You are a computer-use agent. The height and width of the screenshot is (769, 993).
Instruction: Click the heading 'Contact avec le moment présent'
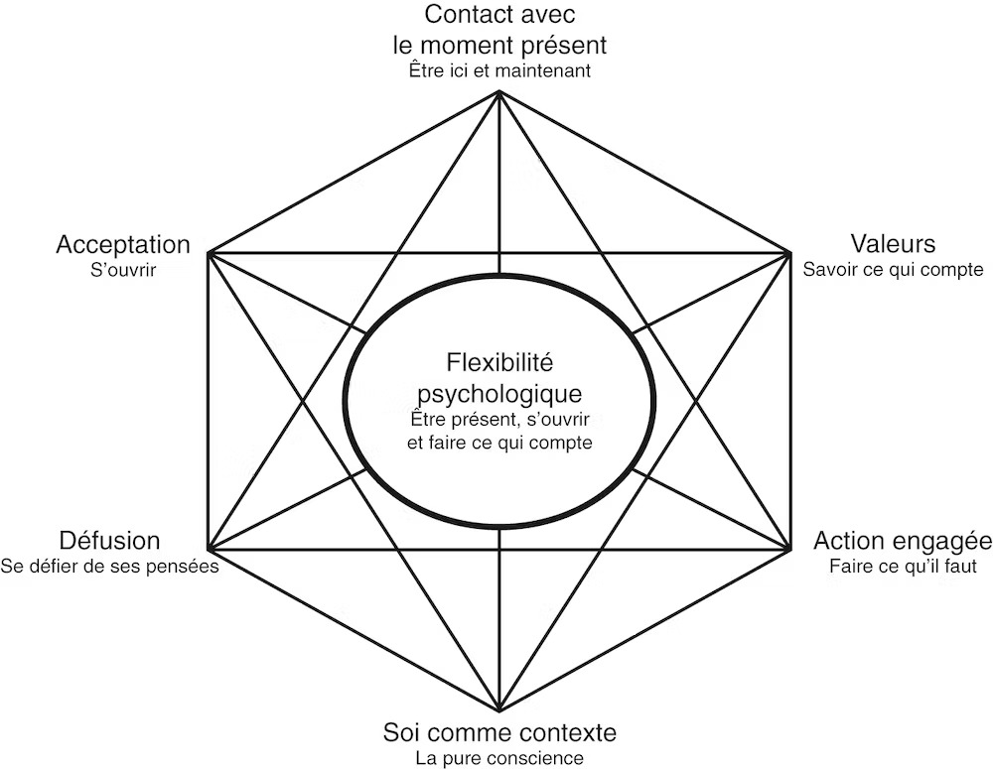(x=499, y=30)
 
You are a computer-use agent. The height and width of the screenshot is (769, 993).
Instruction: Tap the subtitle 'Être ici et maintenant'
(x=499, y=71)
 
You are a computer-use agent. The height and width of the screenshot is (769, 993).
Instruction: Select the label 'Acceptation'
(x=122, y=244)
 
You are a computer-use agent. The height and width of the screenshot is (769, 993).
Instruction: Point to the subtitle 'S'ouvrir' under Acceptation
(x=123, y=270)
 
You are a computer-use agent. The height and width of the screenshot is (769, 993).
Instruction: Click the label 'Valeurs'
(x=894, y=244)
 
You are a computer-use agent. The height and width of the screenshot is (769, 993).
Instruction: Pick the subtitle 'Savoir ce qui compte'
(x=894, y=270)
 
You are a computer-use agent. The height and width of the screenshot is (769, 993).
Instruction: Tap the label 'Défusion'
(x=108, y=542)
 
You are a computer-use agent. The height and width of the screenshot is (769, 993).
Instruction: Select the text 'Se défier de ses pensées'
(x=109, y=568)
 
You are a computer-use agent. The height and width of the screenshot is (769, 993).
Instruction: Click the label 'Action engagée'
(x=903, y=542)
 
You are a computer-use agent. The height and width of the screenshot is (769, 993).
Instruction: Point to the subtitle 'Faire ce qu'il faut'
(x=903, y=568)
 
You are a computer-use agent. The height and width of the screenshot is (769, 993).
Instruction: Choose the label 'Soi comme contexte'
(x=499, y=733)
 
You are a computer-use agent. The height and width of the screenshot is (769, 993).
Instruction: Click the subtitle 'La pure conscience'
(x=499, y=759)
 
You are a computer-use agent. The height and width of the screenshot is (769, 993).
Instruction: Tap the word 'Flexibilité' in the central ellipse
(x=499, y=360)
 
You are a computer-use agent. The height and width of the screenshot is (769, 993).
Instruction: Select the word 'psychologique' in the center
(x=499, y=391)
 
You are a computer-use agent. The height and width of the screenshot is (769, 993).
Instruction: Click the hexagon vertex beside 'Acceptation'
(x=208, y=253)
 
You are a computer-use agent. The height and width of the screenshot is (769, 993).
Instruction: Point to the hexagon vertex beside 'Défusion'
(x=208, y=548)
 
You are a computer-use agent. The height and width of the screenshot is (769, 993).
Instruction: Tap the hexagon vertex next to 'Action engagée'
(x=790, y=548)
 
